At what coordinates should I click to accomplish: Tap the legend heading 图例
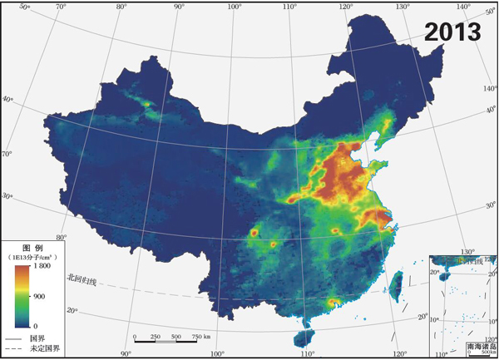point(32,248)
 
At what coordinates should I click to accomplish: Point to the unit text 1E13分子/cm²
point(32,258)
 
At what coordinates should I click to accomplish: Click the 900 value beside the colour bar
point(39,296)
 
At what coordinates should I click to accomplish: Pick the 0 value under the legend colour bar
point(35,325)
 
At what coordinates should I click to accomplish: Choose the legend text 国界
point(37,338)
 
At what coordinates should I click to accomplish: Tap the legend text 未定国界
point(43,349)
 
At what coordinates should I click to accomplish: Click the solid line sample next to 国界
point(13,338)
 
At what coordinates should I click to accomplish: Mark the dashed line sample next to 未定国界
point(13,349)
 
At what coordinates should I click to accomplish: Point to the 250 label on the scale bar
point(155,336)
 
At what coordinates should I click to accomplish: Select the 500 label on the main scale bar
point(175,336)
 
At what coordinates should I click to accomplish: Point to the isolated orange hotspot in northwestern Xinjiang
point(146,104)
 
